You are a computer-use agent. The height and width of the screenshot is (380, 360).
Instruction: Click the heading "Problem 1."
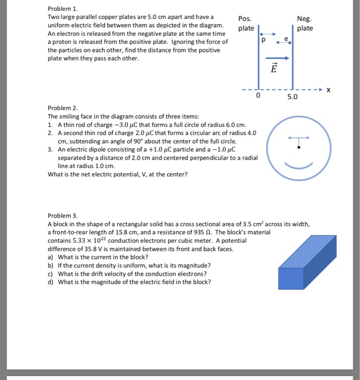(x=63, y=9)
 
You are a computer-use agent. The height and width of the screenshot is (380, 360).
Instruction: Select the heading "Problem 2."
(x=63, y=108)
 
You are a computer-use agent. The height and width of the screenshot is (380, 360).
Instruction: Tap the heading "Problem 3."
(x=63, y=216)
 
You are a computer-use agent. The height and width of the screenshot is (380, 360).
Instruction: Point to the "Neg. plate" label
(x=305, y=23)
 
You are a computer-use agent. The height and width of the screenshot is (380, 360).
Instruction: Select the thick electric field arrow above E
(x=274, y=58)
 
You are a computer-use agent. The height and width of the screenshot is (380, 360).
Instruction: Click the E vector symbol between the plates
(x=274, y=69)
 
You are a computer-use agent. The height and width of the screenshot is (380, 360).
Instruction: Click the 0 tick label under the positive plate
(x=258, y=98)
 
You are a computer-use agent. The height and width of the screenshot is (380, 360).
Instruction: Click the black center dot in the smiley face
(x=298, y=147)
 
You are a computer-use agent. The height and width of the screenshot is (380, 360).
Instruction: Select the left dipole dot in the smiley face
(x=289, y=137)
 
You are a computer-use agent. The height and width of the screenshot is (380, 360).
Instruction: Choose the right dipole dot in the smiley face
(x=307, y=137)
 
